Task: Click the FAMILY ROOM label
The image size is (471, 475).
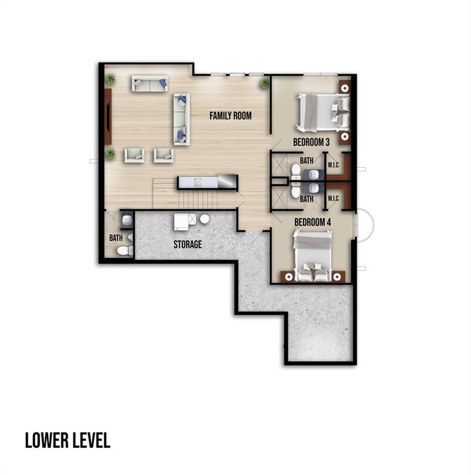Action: [231, 116]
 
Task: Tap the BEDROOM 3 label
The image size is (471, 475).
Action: [311, 142]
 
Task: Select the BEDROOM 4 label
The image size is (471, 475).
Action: [312, 223]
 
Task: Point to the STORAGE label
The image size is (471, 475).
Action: [188, 244]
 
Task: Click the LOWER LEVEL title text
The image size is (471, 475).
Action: [67, 440]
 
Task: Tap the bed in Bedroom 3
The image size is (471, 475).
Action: [323, 113]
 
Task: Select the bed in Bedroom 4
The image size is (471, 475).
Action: [312, 255]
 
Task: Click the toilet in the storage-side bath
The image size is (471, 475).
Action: [125, 250]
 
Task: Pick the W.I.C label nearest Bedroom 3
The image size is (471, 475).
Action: [333, 165]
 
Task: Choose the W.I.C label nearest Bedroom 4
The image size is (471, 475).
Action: [333, 199]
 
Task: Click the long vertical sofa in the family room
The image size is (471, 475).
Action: [182, 119]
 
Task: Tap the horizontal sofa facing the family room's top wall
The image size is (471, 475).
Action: [150, 83]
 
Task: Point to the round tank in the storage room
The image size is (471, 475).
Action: [205, 219]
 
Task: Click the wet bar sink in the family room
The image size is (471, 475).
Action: [198, 182]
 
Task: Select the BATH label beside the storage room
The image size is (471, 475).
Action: [116, 238]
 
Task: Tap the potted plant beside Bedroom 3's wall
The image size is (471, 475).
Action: [265, 83]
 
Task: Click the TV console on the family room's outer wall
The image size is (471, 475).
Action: [108, 117]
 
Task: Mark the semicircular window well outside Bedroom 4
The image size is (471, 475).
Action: [365, 225]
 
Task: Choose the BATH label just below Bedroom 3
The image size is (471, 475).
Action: [307, 161]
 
